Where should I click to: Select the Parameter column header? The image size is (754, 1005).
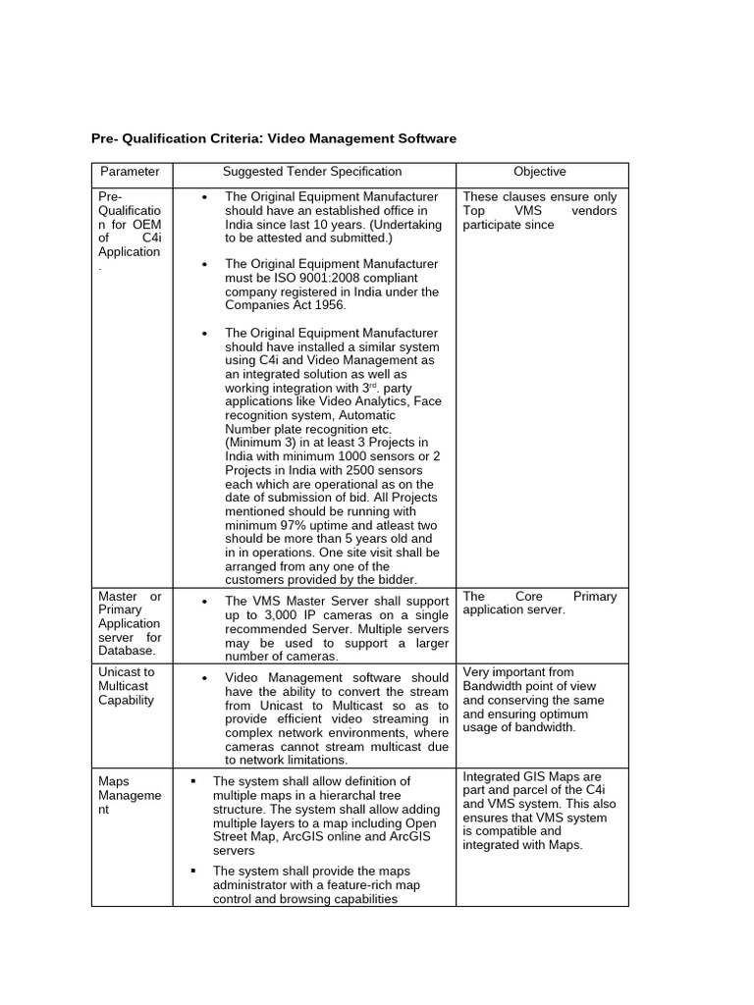130,172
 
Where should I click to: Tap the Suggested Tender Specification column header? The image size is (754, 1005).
312,172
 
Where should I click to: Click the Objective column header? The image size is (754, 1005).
540,172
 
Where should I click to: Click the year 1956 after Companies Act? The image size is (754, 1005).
327,305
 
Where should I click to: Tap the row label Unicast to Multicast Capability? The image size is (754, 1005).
127,686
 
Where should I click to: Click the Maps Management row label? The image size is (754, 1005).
130,796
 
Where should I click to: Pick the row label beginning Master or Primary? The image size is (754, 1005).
130,623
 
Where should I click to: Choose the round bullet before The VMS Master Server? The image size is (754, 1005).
204,602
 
